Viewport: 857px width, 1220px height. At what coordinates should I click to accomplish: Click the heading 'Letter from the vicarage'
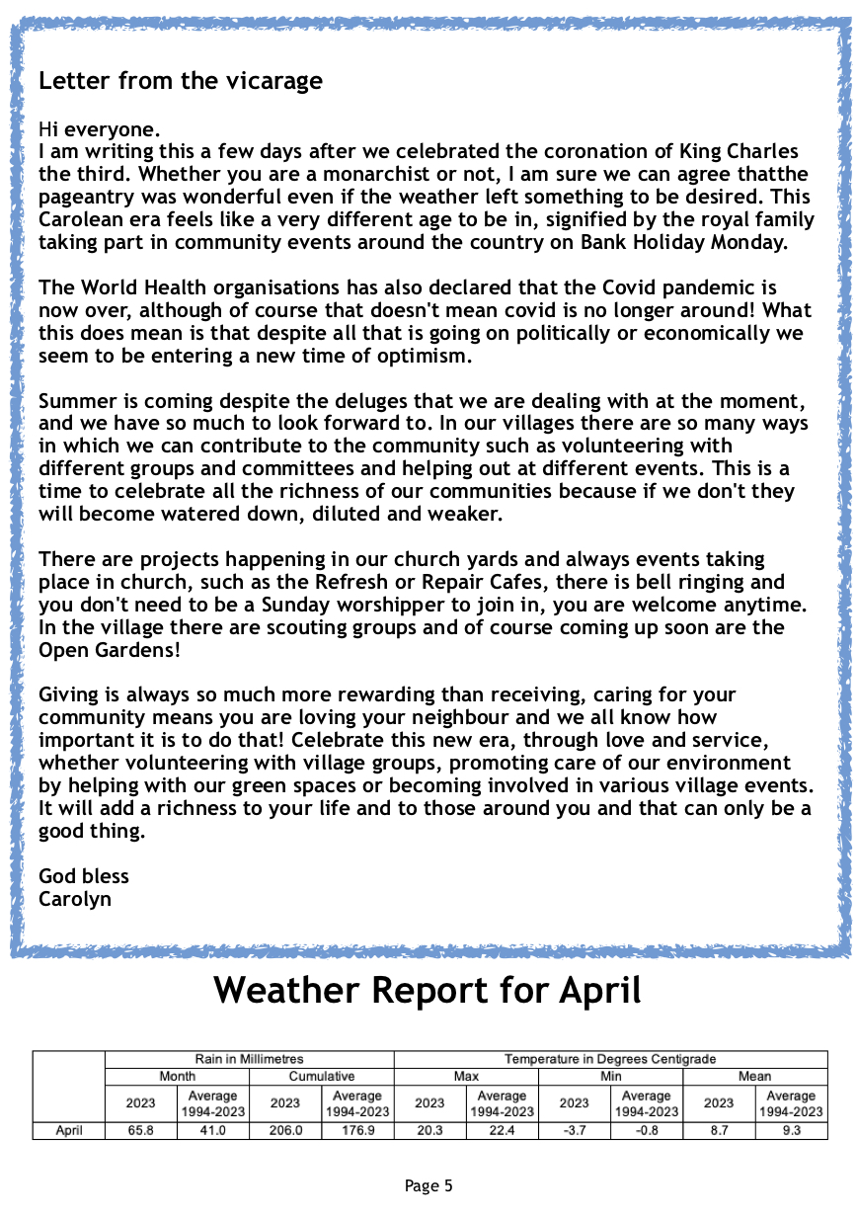[x=181, y=81]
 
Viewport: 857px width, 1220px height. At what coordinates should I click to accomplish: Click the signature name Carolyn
[x=75, y=899]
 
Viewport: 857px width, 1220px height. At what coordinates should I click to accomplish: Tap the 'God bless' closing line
[x=84, y=876]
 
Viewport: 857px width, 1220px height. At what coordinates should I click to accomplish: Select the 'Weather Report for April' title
[x=428, y=990]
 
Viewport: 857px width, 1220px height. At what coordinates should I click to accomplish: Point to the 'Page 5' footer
[x=428, y=1185]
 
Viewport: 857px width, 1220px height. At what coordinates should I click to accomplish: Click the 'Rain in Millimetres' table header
[x=249, y=1059]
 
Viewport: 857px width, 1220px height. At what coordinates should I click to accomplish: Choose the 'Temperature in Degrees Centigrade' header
[x=610, y=1059]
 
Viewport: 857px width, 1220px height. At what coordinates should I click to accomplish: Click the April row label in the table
[x=69, y=1131]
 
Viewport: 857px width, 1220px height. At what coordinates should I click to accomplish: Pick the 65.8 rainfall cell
[x=141, y=1131]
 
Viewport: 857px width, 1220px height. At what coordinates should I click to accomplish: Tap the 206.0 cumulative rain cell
[x=285, y=1131]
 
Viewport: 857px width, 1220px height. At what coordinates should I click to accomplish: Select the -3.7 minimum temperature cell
[x=574, y=1131]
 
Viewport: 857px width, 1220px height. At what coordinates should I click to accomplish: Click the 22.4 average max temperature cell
[x=502, y=1131]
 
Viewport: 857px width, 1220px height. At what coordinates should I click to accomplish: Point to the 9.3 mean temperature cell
[x=791, y=1131]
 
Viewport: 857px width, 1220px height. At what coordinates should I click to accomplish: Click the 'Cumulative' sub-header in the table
[x=322, y=1076]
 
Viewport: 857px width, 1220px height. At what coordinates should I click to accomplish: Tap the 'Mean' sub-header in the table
[x=754, y=1076]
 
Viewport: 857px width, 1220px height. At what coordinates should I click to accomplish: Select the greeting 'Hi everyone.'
[x=99, y=129]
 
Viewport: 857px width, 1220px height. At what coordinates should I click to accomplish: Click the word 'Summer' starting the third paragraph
[x=77, y=401]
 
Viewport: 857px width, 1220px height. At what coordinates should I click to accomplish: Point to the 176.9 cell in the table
[x=357, y=1131]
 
